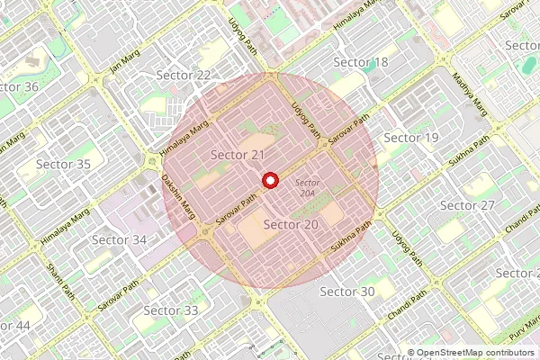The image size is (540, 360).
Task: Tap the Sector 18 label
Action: [x=360, y=62]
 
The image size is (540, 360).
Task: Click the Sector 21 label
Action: [x=237, y=156]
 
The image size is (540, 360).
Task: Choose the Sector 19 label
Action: [x=410, y=138]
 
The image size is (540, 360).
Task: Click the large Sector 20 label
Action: [x=291, y=224]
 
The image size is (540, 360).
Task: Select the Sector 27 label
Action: [x=467, y=206]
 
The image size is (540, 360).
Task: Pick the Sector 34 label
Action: [x=119, y=240]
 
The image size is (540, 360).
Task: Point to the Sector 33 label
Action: [x=170, y=310]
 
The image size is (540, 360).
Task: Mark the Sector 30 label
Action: [x=346, y=292]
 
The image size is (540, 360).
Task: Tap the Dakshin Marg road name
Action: [x=177, y=194]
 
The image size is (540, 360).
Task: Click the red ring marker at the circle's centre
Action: [x=268, y=181]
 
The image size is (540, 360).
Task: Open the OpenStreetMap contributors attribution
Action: [x=476, y=353]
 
